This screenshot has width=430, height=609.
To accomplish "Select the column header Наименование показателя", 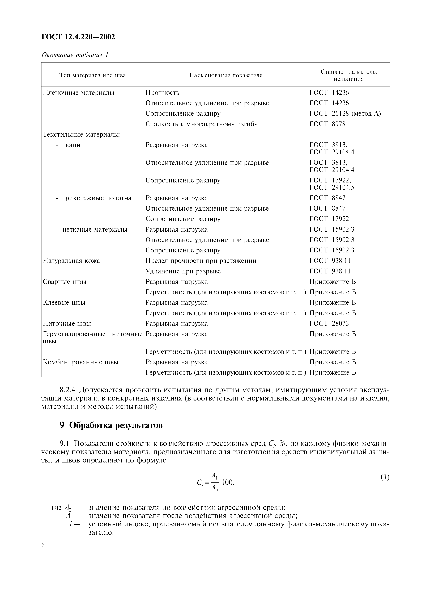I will coord(226,75).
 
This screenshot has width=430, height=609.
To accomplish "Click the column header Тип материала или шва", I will coord(92,75).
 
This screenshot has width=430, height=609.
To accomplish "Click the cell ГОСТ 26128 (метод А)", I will coord(345,114).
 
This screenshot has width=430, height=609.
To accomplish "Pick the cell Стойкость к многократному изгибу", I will coord(201,124).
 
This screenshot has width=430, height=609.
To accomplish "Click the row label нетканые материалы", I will coord(95,230).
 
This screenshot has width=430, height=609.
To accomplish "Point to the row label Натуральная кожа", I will coord(71,261).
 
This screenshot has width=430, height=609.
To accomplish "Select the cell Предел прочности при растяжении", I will coord(201,261).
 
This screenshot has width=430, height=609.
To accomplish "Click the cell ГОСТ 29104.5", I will coord(332,187).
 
